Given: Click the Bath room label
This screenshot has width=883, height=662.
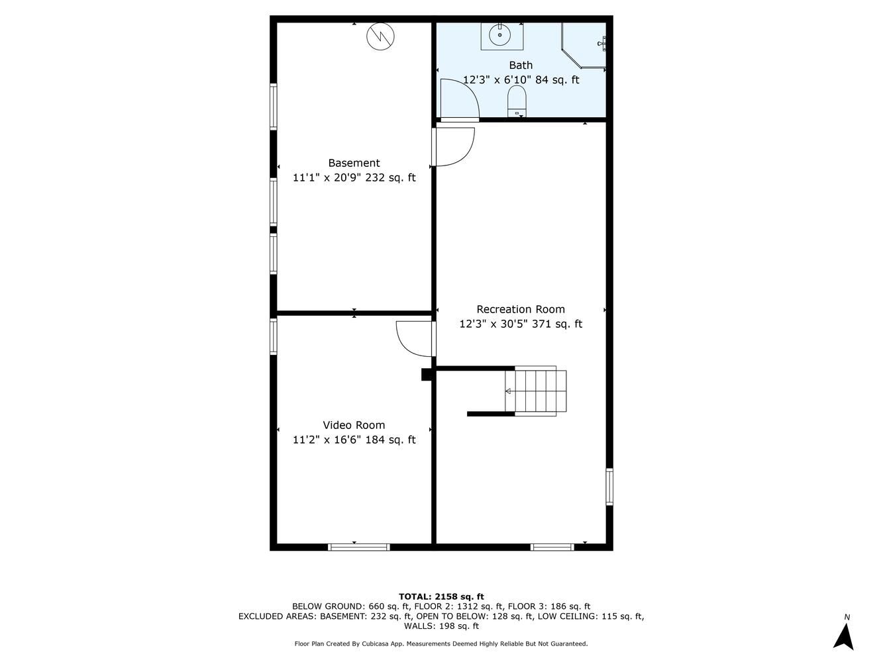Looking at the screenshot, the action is [x=521, y=65].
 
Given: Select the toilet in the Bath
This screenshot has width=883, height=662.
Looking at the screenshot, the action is [x=517, y=101].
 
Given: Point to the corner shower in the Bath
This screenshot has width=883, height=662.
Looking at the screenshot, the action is [x=584, y=46].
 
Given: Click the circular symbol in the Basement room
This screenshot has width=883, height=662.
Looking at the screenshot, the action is [x=380, y=36].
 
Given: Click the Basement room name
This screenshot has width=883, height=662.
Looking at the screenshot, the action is [x=354, y=163].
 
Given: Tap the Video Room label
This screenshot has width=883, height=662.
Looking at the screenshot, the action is [x=354, y=425].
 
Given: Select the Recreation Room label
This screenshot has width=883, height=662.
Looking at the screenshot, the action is [x=521, y=309].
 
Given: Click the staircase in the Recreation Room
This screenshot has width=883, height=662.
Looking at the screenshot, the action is [x=536, y=391].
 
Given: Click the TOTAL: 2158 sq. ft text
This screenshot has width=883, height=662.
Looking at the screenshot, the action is [x=441, y=596].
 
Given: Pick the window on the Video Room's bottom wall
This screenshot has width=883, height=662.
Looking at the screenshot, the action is [x=359, y=547].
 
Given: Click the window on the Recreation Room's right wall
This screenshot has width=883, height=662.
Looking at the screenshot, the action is [x=609, y=487].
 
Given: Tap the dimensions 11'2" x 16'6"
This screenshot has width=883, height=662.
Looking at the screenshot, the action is [x=326, y=440].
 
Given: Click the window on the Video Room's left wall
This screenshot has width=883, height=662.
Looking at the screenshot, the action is [x=274, y=336].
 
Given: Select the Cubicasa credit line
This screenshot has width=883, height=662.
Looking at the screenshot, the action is [x=441, y=643].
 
